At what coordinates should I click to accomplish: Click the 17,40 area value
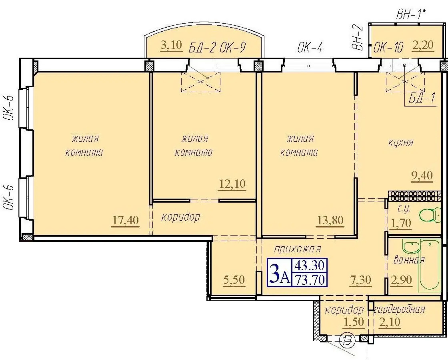pos(126,221)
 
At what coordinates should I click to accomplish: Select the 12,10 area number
pos(232,184)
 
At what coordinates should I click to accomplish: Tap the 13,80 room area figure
pos(330,221)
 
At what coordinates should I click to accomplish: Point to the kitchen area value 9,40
pos(422,175)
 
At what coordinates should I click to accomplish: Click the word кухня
pos(401,142)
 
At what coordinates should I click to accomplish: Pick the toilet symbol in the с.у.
pos(430,215)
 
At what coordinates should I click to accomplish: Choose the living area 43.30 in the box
pos(310,265)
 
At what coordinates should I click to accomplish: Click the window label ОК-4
pos(310,48)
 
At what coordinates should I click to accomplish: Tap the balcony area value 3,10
pos(172,46)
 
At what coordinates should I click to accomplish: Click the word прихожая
pos(298,249)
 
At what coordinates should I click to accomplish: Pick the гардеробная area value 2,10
pos(390,322)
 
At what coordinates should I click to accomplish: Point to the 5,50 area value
pos(234,280)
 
